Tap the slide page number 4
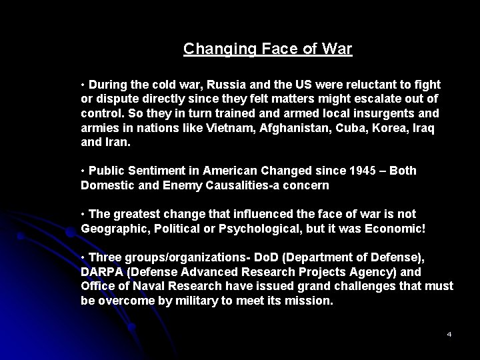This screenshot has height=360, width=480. point(449,333)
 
